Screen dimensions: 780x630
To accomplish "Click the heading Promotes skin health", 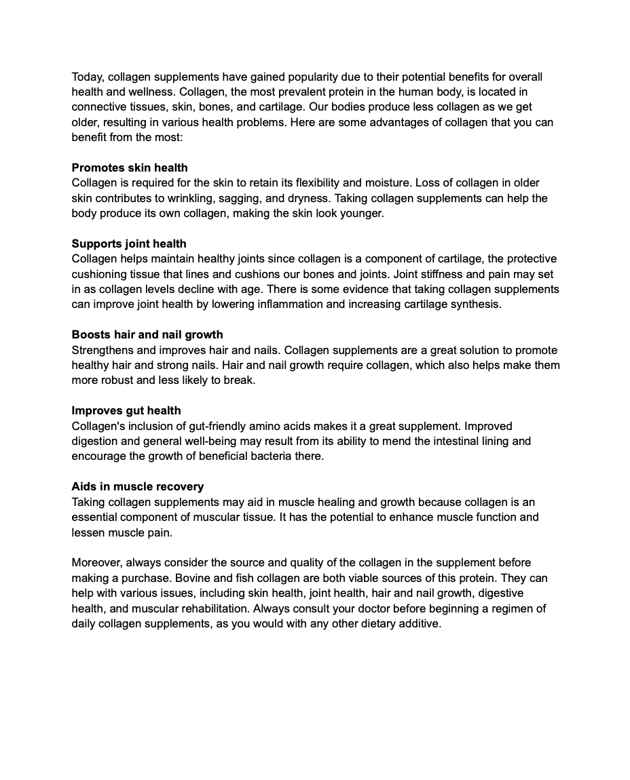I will point(130,168).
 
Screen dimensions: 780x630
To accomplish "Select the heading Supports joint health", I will point(129,243).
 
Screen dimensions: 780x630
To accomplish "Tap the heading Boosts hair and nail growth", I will point(147,334).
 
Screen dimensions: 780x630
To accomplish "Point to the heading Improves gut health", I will point(126,410).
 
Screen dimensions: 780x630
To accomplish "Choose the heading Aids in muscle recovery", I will point(138,486).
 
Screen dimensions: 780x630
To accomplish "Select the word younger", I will point(363,213).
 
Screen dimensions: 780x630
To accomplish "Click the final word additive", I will point(420,623).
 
